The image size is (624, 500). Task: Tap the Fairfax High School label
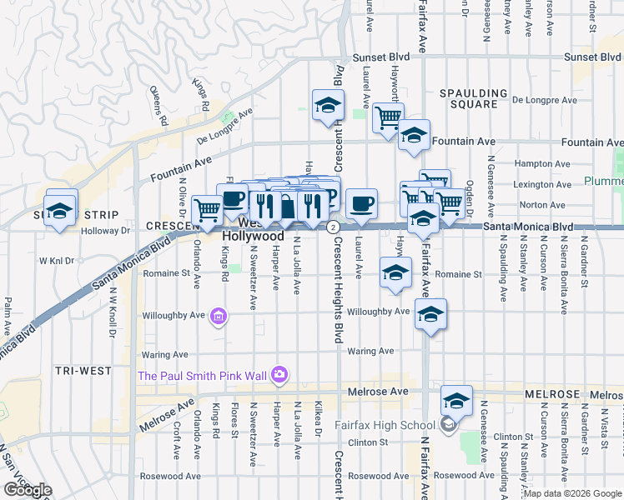point(385,425)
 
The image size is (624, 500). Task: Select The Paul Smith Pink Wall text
point(203,376)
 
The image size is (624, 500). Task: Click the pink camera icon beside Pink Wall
point(279,376)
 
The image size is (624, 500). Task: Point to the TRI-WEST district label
point(78,369)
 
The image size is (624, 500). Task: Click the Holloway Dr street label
point(109,231)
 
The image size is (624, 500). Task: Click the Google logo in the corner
point(27,490)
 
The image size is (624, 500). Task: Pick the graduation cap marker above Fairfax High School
point(456,400)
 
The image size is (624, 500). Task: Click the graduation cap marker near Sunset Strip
point(59,211)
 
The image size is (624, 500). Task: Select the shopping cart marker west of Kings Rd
point(207,210)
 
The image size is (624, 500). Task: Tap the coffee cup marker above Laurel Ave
point(361,203)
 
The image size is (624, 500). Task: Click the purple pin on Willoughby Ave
point(219,316)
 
